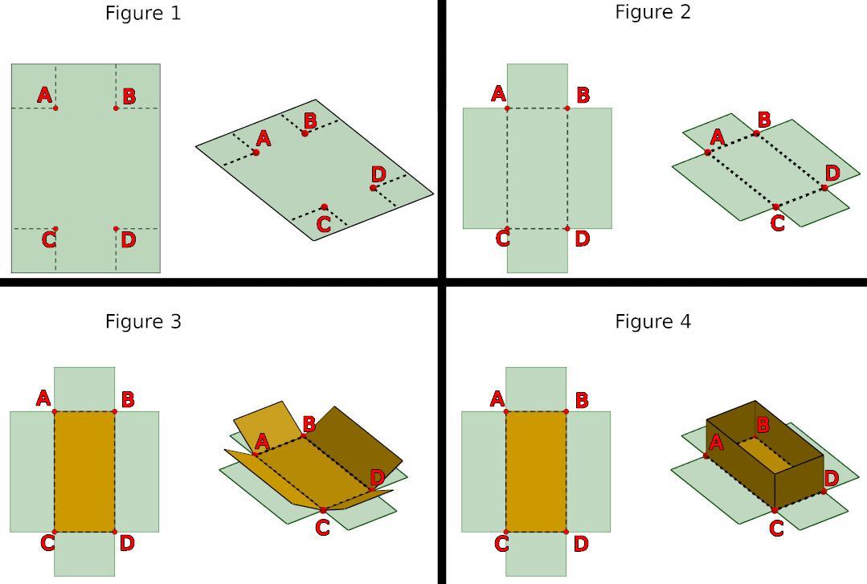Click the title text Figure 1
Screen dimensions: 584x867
pyautogui.click(x=143, y=13)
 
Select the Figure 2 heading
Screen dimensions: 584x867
pyautogui.click(x=652, y=12)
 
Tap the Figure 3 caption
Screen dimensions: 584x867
pyautogui.click(x=143, y=321)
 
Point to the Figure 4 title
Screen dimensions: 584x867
pyautogui.click(x=652, y=321)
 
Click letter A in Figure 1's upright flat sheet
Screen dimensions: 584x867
pyautogui.click(x=45, y=96)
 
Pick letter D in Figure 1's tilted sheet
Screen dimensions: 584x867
pyautogui.click(x=378, y=174)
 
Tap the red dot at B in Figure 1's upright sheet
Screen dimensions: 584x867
pyautogui.click(x=116, y=108)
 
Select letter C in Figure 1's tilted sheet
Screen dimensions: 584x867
pyautogui.click(x=323, y=224)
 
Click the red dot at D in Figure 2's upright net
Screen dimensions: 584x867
pyautogui.click(x=567, y=229)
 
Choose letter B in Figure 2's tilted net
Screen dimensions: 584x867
pyautogui.click(x=763, y=120)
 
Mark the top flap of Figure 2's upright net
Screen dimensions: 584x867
pyautogui.click(x=537, y=85)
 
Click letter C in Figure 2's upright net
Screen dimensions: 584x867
pyautogui.click(x=503, y=239)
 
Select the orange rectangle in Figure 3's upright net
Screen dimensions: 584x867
pyautogui.click(x=84, y=472)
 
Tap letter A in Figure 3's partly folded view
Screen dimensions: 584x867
pyautogui.click(x=261, y=441)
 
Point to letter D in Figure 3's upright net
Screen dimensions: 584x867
pyautogui.click(x=126, y=543)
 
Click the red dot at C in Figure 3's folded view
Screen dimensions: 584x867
pyautogui.click(x=323, y=510)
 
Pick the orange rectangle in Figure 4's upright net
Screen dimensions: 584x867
pyautogui.click(x=536, y=472)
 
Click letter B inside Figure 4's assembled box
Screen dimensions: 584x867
pyautogui.click(x=763, y=424)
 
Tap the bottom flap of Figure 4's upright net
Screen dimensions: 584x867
pyautogui.click(x=536, y=553)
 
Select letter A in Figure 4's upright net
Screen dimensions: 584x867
pyautogui.click(x=497, y=398)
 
